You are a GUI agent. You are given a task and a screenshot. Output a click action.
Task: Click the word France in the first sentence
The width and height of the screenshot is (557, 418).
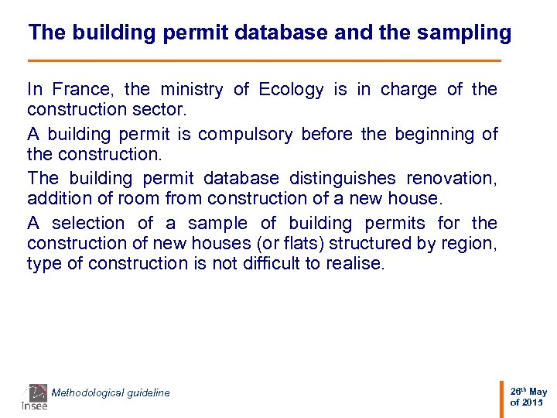click(84, 90)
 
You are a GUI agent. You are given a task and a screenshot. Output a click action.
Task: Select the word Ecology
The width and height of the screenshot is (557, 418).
click(291, 90)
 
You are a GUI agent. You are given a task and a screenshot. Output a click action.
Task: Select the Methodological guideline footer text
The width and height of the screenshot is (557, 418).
click(111, 393)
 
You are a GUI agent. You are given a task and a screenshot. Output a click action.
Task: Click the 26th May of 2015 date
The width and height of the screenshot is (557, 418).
click(528, 397)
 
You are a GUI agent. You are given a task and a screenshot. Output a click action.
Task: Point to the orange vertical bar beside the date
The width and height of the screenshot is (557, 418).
click(502, 396)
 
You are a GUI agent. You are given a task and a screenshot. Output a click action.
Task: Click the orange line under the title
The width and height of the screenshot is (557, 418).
click(264, 60)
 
